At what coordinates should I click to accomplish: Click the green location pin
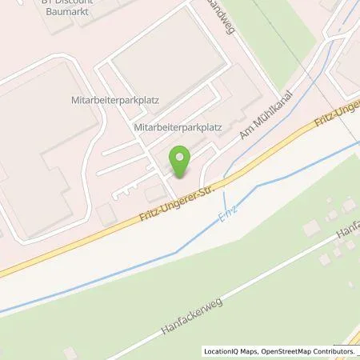179,162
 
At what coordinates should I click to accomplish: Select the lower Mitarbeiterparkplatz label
177,126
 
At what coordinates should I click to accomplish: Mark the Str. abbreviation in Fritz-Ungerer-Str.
211,186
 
